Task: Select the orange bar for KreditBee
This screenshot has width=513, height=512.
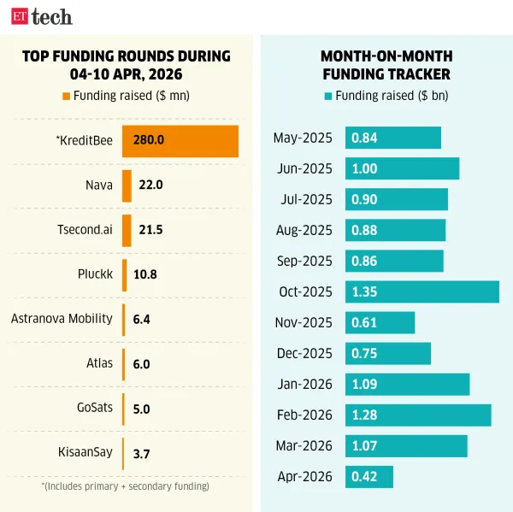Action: coord(180,141)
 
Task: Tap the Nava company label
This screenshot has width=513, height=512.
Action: coord(99,185)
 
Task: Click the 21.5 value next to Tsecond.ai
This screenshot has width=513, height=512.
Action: coord(150,230)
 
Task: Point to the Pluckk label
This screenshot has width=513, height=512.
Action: coord(94,274)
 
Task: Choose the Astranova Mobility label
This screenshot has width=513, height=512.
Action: coord(62,319)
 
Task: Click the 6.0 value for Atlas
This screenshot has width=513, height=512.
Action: coord(142,364)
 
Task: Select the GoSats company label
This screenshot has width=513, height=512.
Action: coord(94,408)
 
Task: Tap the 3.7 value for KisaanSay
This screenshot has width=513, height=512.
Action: coord(142,453)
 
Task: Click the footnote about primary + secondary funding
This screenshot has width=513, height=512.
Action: coord(126,486)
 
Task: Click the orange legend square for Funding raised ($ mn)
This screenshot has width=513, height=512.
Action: coord(67,96)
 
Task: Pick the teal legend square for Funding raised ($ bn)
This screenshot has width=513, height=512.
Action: coord(328,96)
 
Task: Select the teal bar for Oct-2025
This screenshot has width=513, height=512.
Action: coord(422,291)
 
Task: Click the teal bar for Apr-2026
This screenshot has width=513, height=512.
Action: coord(369,476)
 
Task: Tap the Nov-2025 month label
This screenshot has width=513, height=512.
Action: coord(304,322)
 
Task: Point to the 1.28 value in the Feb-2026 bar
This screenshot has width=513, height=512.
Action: coord(365,415)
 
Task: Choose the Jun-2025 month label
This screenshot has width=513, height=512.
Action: coord(304,168)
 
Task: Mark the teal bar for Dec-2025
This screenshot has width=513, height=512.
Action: coord(387,353)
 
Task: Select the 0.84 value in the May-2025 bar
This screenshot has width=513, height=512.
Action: coord(365,138)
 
